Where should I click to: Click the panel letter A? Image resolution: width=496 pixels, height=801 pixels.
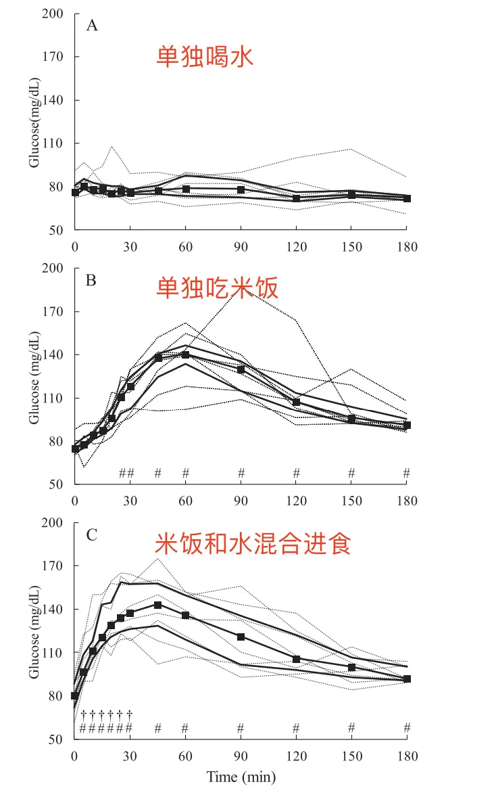[x=92, y=26]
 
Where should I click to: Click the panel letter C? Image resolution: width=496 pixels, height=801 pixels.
[x=92, y=534]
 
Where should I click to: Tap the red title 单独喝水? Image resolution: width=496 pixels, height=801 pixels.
[x=205, y=55]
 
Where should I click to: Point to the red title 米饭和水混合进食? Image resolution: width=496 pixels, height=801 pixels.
[x=253, y=543]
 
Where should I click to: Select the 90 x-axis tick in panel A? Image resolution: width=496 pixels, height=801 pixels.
[x=241, y=247]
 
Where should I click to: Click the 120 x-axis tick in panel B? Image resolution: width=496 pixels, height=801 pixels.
[x=296, y=501]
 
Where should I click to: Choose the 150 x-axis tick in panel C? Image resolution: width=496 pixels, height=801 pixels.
[x=351, y=756]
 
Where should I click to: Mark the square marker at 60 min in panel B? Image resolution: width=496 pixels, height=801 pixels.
[x=185, y=354]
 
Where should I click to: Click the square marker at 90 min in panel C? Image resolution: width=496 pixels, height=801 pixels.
[x=241, y=637]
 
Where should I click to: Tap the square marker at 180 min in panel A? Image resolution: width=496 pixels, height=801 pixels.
[x=407, y=199]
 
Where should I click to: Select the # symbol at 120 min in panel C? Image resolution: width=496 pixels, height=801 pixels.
[x=296, y=728]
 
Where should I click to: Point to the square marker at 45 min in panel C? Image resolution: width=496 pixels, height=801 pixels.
[x=157, y=605]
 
